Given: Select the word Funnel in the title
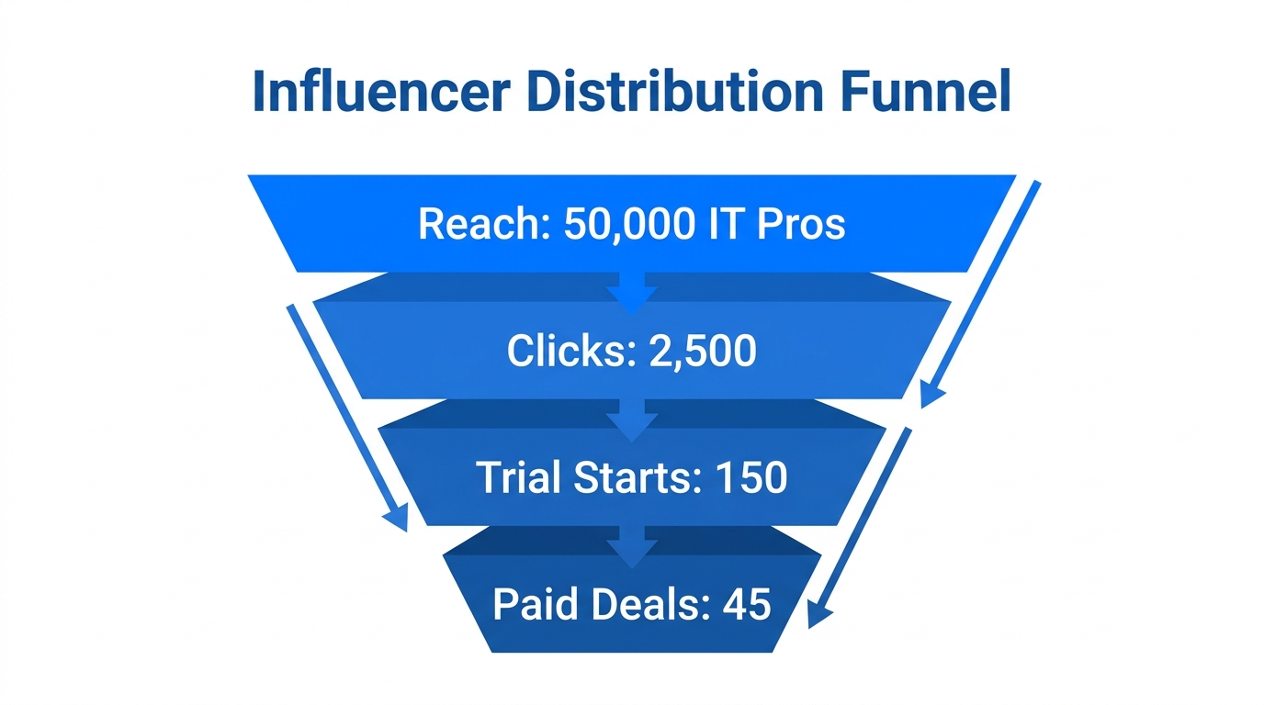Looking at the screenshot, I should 919,92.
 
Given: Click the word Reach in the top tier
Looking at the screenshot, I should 479,223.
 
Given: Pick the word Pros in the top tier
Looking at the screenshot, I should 800,223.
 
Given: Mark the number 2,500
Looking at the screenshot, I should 703,351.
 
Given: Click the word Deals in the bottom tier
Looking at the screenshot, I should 644,604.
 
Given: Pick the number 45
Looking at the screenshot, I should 747,604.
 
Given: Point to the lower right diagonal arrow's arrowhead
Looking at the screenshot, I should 818,615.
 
